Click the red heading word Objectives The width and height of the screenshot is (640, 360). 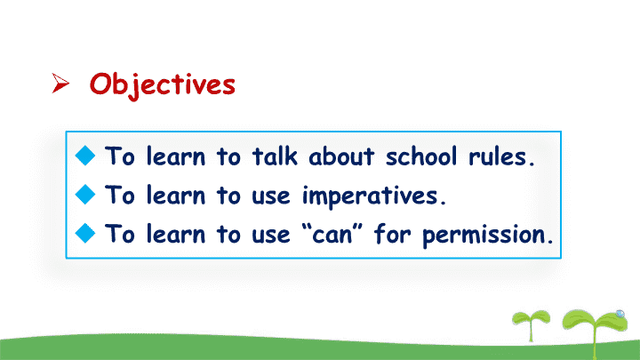click(x=163, y=85)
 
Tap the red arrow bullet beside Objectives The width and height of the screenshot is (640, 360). click(x=60, y=83)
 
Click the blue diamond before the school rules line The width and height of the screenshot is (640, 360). click(x=85, y=156)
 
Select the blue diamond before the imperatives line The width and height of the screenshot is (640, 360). click(x=85, y=195)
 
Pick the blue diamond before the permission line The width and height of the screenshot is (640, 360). click(x=85, y=233)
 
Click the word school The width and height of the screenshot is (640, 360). click(x=421, y=156)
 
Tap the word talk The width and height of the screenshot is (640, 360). click(x=275, y=156)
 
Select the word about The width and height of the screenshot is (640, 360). click(x=341, y=156)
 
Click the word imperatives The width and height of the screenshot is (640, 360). click(x=370, y=196)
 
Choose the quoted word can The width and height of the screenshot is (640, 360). click(x=332, y=235)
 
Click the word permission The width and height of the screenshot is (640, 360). click(x=484, y=236)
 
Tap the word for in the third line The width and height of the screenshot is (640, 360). click(x=392, y=234)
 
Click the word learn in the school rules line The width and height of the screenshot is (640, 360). click(x=176, y=156)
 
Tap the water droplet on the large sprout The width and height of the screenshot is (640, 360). click(x=620, y=314)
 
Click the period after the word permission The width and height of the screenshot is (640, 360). click(x=550, y=242)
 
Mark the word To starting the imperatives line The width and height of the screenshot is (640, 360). click(x=120, y=195)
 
